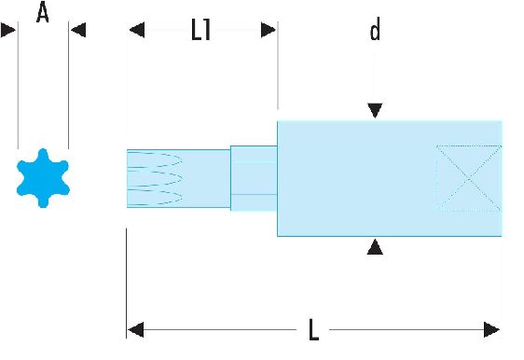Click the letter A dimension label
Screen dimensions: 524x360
coord(43,12)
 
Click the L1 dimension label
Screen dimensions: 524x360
coord(200,30)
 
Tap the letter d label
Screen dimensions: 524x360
coord(375,30)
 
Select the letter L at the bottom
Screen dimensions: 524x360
coord(313,329)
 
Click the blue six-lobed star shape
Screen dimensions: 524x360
coord(43,178)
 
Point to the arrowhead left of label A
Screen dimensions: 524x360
coord(8,30)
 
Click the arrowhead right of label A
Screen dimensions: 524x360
coord(78,30)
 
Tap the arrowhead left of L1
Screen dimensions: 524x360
coord(137,30)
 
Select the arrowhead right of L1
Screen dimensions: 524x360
coord(268,30)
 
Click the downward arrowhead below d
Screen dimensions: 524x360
coord(375,110)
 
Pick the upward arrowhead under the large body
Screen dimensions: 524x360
coord(375,247)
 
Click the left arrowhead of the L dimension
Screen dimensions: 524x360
coord(136,330)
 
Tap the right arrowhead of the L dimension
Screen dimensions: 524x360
coord(491,330)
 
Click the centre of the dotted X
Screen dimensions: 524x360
coord(469,178)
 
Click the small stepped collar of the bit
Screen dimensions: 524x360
coord(254,178)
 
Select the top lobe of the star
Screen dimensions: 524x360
coord(43,155)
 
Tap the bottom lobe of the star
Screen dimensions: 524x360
coord(43,201)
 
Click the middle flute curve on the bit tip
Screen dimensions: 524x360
coord(155,178)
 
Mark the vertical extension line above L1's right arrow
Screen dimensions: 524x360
coord(278,65)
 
